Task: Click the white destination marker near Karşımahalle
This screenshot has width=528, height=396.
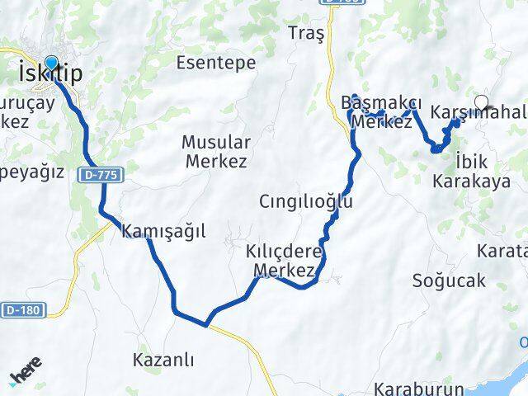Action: pos(481,104)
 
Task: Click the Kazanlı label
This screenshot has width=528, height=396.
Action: pos(163,360)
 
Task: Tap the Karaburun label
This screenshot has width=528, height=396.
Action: pos(408,388)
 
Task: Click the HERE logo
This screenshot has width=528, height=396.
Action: pos(26,375)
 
